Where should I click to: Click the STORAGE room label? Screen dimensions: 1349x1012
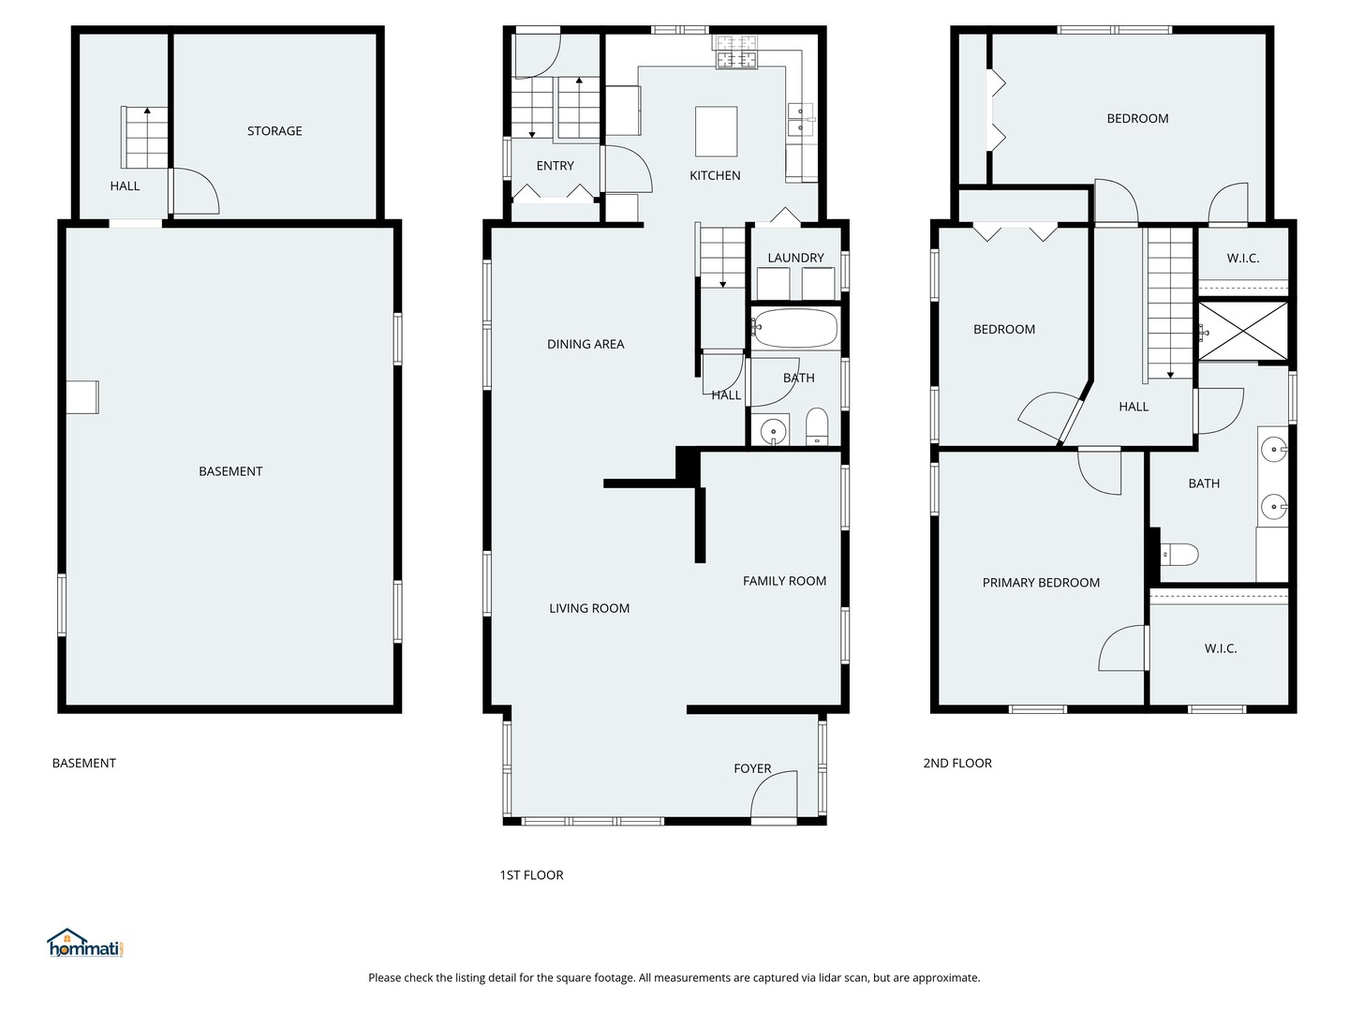274,131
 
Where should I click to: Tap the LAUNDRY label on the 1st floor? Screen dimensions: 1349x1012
795,258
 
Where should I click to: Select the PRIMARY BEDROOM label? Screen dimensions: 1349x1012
1041,583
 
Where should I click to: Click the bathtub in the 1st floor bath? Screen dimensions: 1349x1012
794,329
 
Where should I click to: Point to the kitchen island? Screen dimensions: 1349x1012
716,131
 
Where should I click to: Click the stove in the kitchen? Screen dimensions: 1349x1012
736,52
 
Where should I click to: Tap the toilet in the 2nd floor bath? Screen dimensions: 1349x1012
1179,554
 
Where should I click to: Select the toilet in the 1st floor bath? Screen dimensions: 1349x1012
817,425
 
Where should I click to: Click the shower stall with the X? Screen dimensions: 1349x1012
1243,331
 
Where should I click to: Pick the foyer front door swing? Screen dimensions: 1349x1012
774,794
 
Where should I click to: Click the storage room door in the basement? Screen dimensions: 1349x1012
194,191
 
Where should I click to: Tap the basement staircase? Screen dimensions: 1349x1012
144,138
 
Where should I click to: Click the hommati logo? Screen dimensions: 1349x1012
85,943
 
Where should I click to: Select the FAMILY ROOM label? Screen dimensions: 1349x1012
784,581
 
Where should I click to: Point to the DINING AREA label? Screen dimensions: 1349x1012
586,344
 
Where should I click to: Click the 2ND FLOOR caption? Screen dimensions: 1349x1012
956,763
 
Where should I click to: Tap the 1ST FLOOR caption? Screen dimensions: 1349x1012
531,875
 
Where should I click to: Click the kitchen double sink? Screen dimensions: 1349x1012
801,119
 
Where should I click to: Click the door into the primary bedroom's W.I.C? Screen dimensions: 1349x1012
1123,648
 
